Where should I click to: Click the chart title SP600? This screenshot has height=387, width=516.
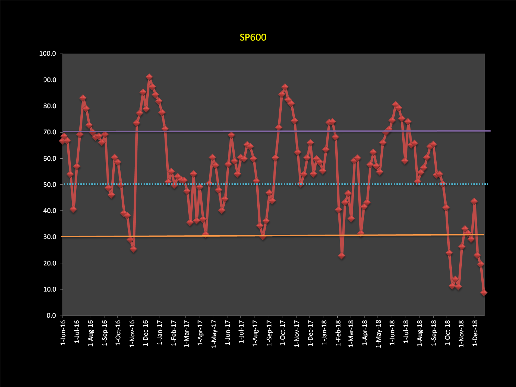tap(253, 37)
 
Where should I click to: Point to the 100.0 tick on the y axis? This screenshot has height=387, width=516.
tap(48, 54)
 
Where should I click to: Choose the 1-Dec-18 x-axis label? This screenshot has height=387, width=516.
tap(475, 333)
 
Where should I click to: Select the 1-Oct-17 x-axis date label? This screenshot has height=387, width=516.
tap(283, 333)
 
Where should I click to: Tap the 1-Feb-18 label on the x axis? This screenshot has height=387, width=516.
tap(338, 333)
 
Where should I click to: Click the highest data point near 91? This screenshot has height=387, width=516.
tap(149, 77)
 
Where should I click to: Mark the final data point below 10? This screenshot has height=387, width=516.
tap(484, 293)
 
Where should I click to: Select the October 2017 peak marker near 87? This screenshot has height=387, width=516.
tap(284, 87)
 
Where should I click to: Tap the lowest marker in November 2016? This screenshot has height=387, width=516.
tap(133, 249)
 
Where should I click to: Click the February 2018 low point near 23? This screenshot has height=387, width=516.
tap(341, 256)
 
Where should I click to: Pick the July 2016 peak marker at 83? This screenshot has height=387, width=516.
tap(83, 98)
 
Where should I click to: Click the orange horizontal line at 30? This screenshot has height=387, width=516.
tap(240, 236)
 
